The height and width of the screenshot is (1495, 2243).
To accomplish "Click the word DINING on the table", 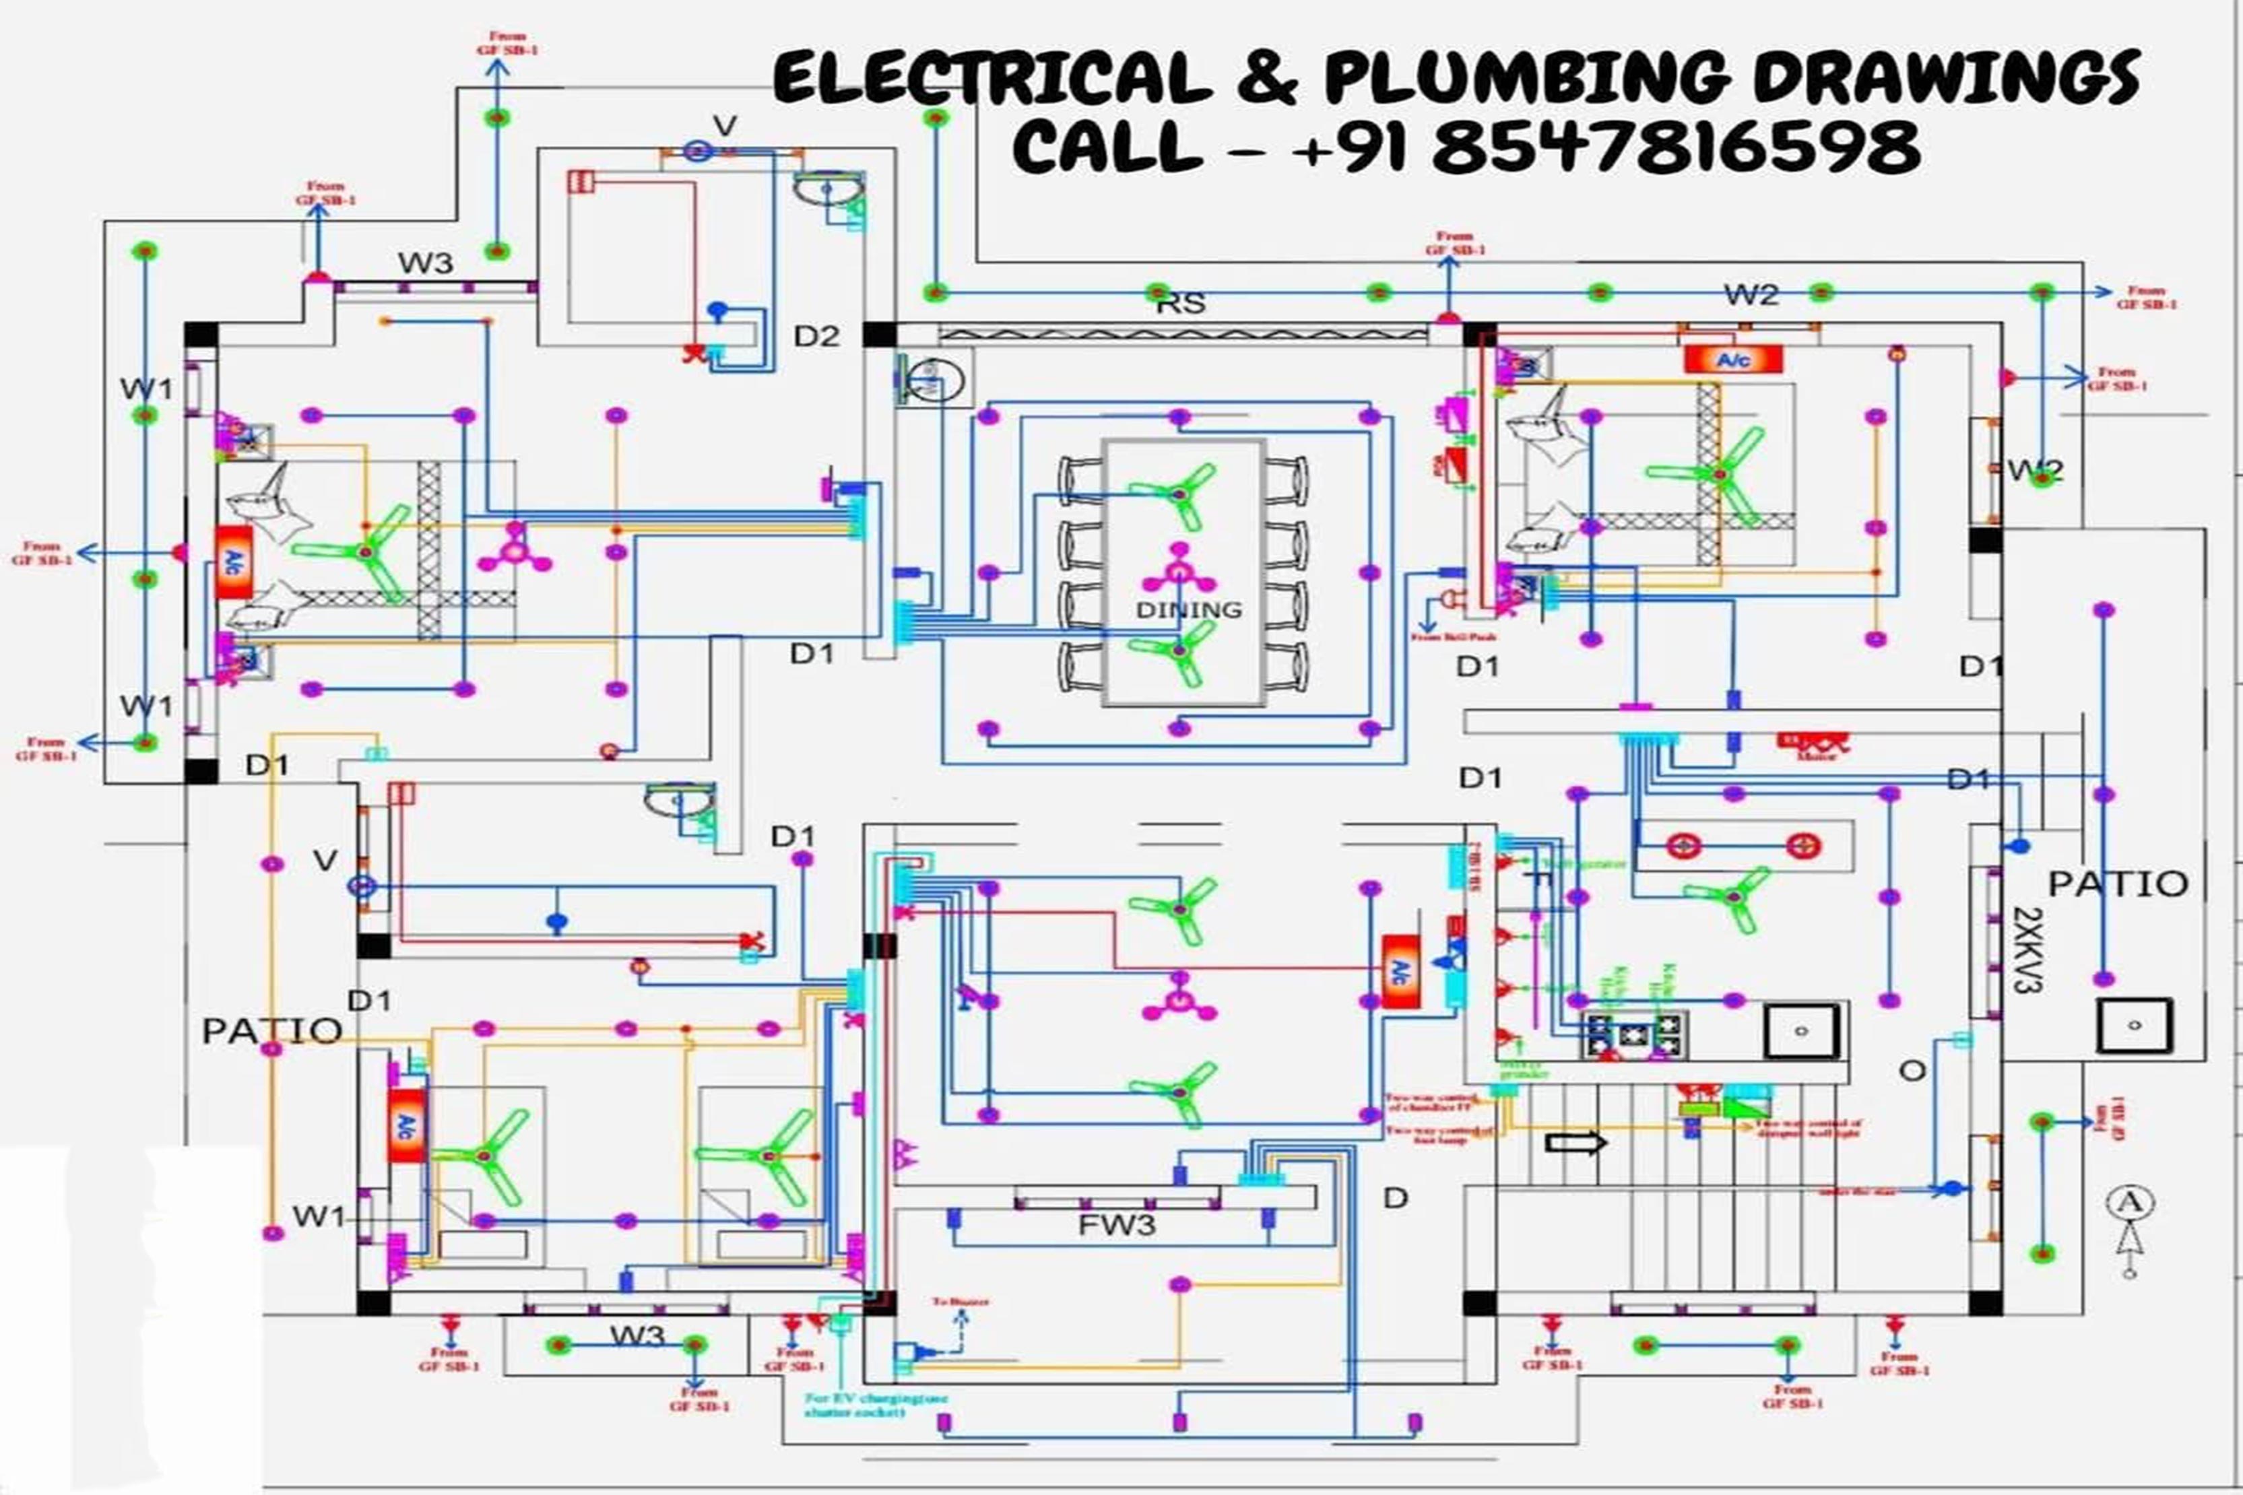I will [x=1188, y=609].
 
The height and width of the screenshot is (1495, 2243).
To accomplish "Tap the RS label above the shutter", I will [x=1181, y=303].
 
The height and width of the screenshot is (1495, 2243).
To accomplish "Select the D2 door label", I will [x=816, y=335].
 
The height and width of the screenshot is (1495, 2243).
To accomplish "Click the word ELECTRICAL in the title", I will [x=992, y=78].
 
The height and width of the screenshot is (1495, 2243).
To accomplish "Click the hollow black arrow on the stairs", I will [x=1575, y=1142].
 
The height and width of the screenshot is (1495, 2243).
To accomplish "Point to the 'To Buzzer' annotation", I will [x=961, y=1302].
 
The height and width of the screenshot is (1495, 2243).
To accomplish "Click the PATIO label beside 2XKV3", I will [x=2118, y=884].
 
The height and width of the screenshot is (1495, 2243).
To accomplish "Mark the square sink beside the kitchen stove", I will [x=1800, y=1030].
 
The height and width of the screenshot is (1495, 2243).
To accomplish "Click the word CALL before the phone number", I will [x=1106, y=147].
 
